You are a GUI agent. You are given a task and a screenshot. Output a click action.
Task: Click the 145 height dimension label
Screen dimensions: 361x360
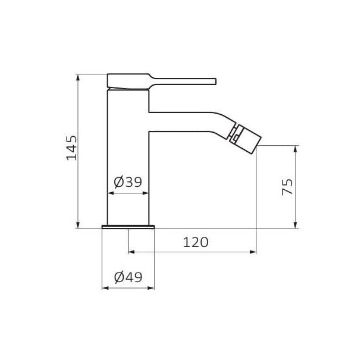[x=71, y=148]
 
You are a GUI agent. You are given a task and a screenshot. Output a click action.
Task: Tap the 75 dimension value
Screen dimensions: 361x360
[x=288, y=187]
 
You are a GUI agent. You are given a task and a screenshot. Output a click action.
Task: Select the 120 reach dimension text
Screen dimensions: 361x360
[x=196, y=242]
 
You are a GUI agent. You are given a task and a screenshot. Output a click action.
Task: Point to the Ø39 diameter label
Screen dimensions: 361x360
[x=128, y=182]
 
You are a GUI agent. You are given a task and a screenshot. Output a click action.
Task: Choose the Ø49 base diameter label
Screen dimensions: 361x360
[x=128, y=277]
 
